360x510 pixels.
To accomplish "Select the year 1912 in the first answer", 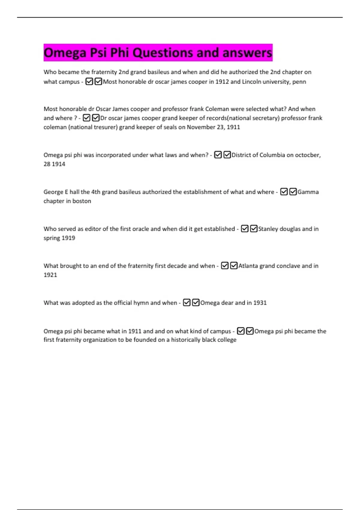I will pyautogui.click(x=222, y=82).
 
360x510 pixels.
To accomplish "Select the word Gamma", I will pyautogui.click(x=308, y=192).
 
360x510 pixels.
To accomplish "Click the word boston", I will pyautogui.click(x=82, y=201).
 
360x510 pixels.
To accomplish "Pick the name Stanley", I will pyautogui.click(x=268, y=229).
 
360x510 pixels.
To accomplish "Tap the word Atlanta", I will pyautogui.click(x=248, y=266).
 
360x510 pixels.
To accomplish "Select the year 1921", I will pyautogui.click(x=50, y=275).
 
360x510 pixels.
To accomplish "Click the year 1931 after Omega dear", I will pyautogui.click(x=260, y=303).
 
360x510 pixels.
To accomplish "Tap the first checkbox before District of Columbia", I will pyautogui.click(x=218, y=155).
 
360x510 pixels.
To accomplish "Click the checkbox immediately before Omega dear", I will pyautogui.click(x=196, y=302).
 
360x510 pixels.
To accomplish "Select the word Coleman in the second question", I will pyautogui.click(x=217, y=109).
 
